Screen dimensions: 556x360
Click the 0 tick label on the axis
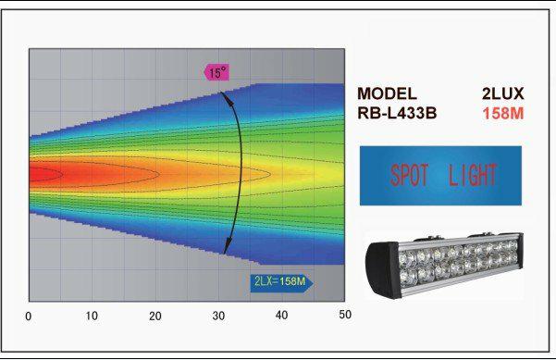pos(29,316)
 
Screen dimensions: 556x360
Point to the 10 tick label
pos(92,316)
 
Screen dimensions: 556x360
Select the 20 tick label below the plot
pos(154,316)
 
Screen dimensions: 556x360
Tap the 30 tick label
pos(218,316)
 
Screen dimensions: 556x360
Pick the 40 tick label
pos(281,315)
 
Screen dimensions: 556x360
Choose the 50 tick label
pos(345,315)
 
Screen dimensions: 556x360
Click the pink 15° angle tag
pos(217,73)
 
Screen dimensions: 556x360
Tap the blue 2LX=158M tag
pos(281,282)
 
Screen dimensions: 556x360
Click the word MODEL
pos(387,93)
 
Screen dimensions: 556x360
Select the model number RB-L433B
pos(397,113)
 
